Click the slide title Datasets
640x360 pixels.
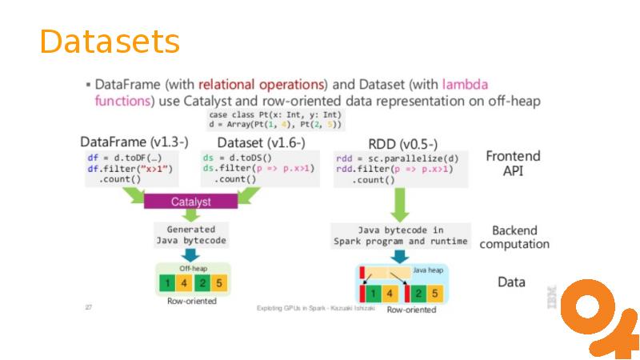tap(110, 42)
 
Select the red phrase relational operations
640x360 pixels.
tap(262, 84)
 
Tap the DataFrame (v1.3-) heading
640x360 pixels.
tap(134, 142)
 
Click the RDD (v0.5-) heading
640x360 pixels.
tap(402, 144)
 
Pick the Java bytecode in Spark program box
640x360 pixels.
tap(400, 235)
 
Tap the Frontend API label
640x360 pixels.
tap(513, 163)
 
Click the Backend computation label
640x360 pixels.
tap(514, 237)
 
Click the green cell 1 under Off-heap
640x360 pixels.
tap(166, 283)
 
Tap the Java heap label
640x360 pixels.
tap(427, 271)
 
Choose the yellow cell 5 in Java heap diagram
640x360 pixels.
tap(433, 293)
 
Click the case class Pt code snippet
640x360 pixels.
tap(274, 120)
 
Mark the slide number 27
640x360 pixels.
tap(88, 307)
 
